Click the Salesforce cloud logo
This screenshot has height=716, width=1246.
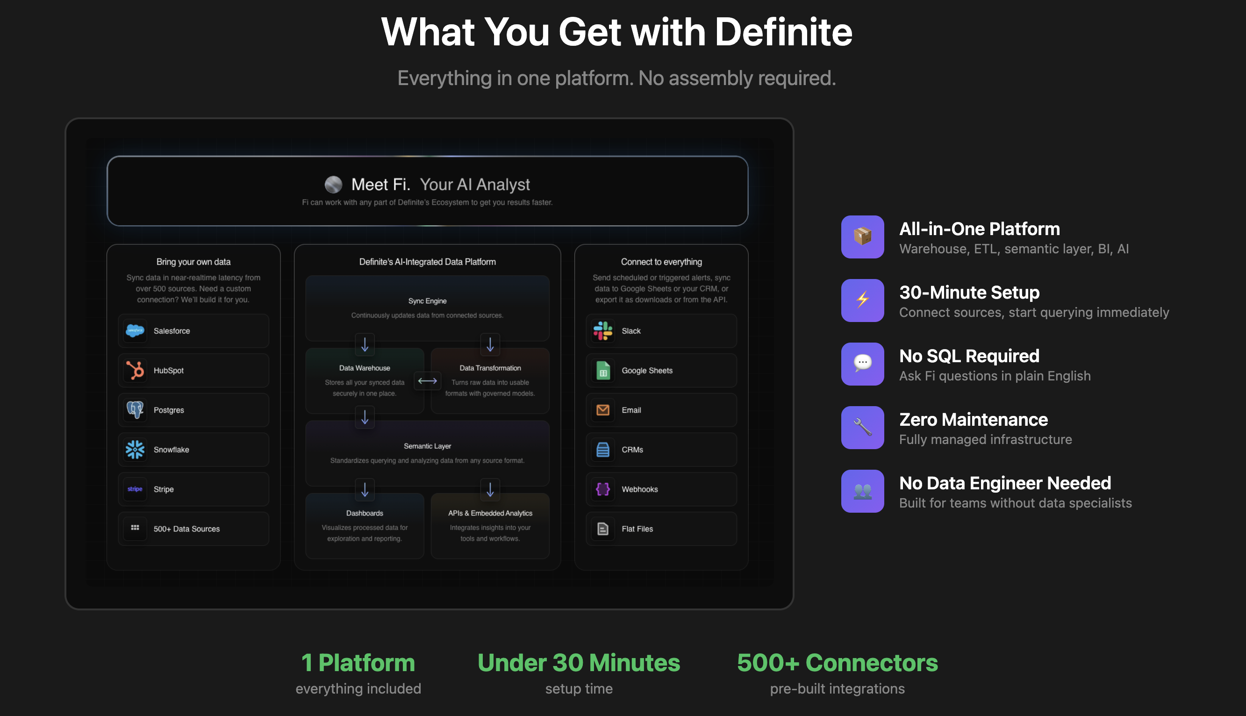135,331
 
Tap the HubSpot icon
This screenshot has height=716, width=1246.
135,370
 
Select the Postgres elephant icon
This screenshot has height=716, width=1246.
135,409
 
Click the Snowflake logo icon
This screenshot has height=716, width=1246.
135,450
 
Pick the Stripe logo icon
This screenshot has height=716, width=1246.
135,489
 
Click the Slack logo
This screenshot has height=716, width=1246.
603,331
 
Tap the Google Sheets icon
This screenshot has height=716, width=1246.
603,370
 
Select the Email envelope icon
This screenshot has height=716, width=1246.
603,409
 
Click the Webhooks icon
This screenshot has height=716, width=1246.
603,489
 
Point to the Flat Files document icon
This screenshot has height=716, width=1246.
603,529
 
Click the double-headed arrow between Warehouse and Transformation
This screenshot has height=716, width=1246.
427,380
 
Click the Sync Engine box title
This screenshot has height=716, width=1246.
427,301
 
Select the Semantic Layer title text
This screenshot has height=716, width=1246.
427,446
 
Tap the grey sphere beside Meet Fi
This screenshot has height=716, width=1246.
333,185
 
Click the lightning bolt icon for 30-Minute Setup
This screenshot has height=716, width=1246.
862,300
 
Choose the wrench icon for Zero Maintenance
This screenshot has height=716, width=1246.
862,427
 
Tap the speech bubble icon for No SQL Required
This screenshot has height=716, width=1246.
862,364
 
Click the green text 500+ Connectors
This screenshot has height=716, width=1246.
838,662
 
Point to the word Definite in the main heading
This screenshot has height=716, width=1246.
783,32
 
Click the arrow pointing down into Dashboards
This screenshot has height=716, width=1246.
365,489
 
